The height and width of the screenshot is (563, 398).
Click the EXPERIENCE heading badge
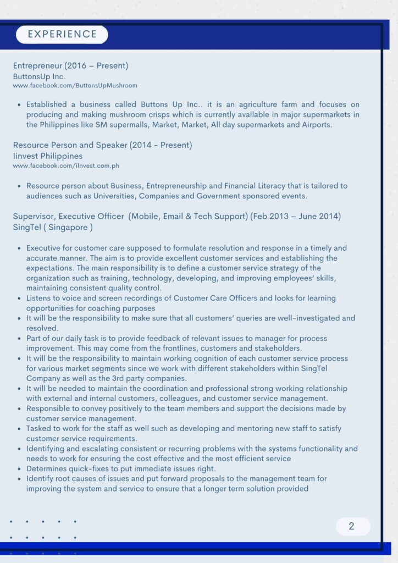[62, 34]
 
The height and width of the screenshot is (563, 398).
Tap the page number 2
[352, 526]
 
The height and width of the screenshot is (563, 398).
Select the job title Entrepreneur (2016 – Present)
[70, 66]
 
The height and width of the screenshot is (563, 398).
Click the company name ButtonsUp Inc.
[39, 76]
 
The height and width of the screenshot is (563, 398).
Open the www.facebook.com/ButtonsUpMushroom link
[75, 86]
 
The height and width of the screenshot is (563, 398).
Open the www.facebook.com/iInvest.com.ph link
[66, 165]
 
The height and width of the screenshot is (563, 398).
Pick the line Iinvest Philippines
[48, 156]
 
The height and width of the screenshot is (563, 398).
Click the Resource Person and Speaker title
[102, 145]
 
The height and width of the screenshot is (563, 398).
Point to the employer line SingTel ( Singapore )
[53, 227]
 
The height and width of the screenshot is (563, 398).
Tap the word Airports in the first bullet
[317, 124]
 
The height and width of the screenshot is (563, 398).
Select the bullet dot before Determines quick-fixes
[19, 469]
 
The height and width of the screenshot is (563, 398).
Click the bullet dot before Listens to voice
[19, 299]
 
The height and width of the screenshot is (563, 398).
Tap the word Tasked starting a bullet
[40, 428]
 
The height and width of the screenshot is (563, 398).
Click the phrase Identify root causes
[60, 478]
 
